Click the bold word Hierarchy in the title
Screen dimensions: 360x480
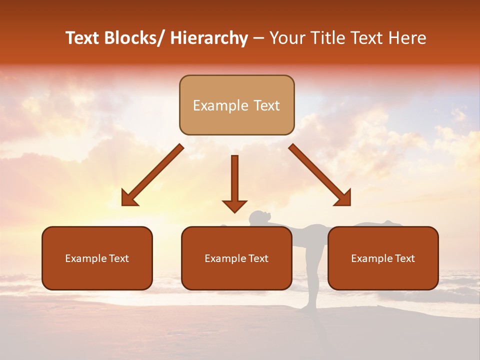(x=209, y=38)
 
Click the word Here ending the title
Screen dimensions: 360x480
(x=407, y=38)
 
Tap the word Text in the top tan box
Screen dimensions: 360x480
(x=265, y=105)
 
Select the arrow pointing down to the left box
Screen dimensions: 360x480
(x=152, y=175)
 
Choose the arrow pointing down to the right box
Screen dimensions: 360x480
(x=320, y=175)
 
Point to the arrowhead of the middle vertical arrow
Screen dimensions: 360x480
(x=234, y=205)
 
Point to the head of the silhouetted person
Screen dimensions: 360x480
(x=257, y=218)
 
